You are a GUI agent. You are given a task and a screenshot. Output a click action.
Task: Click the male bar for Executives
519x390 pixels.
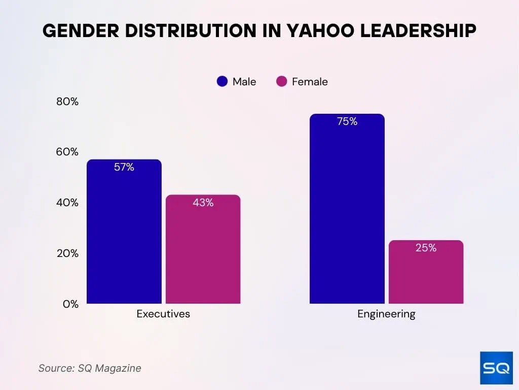tap(124, 234)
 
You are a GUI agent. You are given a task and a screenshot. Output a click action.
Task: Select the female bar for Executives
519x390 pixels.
tap(203, 251)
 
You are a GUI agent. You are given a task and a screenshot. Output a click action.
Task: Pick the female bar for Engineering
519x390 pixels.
tap(426, 274)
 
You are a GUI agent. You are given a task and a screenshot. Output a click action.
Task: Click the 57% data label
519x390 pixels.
tap(124, 167)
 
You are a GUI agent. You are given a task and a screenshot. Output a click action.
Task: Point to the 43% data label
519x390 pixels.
tap(203, 203)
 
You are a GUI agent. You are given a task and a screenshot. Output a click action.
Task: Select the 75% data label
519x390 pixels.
tap(347, 121)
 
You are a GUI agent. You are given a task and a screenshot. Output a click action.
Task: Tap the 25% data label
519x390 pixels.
tap(426, 248)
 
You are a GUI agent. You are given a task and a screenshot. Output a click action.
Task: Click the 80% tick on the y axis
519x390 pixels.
tap(67, 102)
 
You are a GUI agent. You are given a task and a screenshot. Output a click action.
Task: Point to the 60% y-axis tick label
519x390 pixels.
tap(67, 152)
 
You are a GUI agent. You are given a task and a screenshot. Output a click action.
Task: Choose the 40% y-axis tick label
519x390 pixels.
tap(67, 203)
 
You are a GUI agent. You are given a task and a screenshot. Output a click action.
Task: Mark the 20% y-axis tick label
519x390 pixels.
tap(67, 253)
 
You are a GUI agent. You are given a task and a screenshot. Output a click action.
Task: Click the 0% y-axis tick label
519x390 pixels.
tap(70, 304)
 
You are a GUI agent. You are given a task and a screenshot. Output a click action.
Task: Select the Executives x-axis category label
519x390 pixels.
tap(163, 314)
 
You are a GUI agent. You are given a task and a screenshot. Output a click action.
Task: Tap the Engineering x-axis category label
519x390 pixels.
tap(386, 314)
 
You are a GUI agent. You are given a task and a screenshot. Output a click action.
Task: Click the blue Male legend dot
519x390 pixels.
tap(222, 82)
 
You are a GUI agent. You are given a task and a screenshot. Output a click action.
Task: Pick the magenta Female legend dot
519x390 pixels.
tap(282, 82)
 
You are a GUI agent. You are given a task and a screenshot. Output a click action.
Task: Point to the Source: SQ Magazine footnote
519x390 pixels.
tap(90, 368)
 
